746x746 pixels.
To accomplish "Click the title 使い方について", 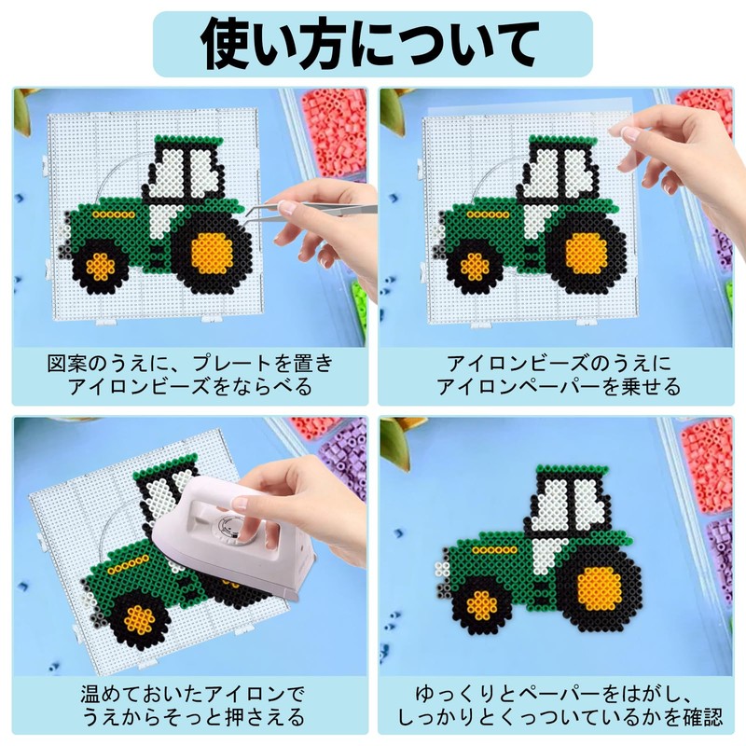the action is (x=372, y=44).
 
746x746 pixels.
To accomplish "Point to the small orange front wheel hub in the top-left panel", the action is (x=101, y=267).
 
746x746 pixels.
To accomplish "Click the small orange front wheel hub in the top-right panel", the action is (x=475, y=267).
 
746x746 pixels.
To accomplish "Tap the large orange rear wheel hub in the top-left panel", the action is (x=212, y=254).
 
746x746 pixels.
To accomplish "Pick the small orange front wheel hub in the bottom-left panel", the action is (x=139, y=619).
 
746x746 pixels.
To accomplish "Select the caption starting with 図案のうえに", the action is (x=190, y=376).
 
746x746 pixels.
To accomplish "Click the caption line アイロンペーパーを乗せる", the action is (x=559, y=387).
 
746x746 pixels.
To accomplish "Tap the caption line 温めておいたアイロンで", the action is (x=192, y=695).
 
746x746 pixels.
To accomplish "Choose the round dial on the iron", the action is (x=228, y=527).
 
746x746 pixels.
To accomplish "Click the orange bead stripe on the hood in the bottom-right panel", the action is (x=495, y=550).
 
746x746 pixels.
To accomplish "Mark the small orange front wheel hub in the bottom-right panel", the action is (x=481, y=605).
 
